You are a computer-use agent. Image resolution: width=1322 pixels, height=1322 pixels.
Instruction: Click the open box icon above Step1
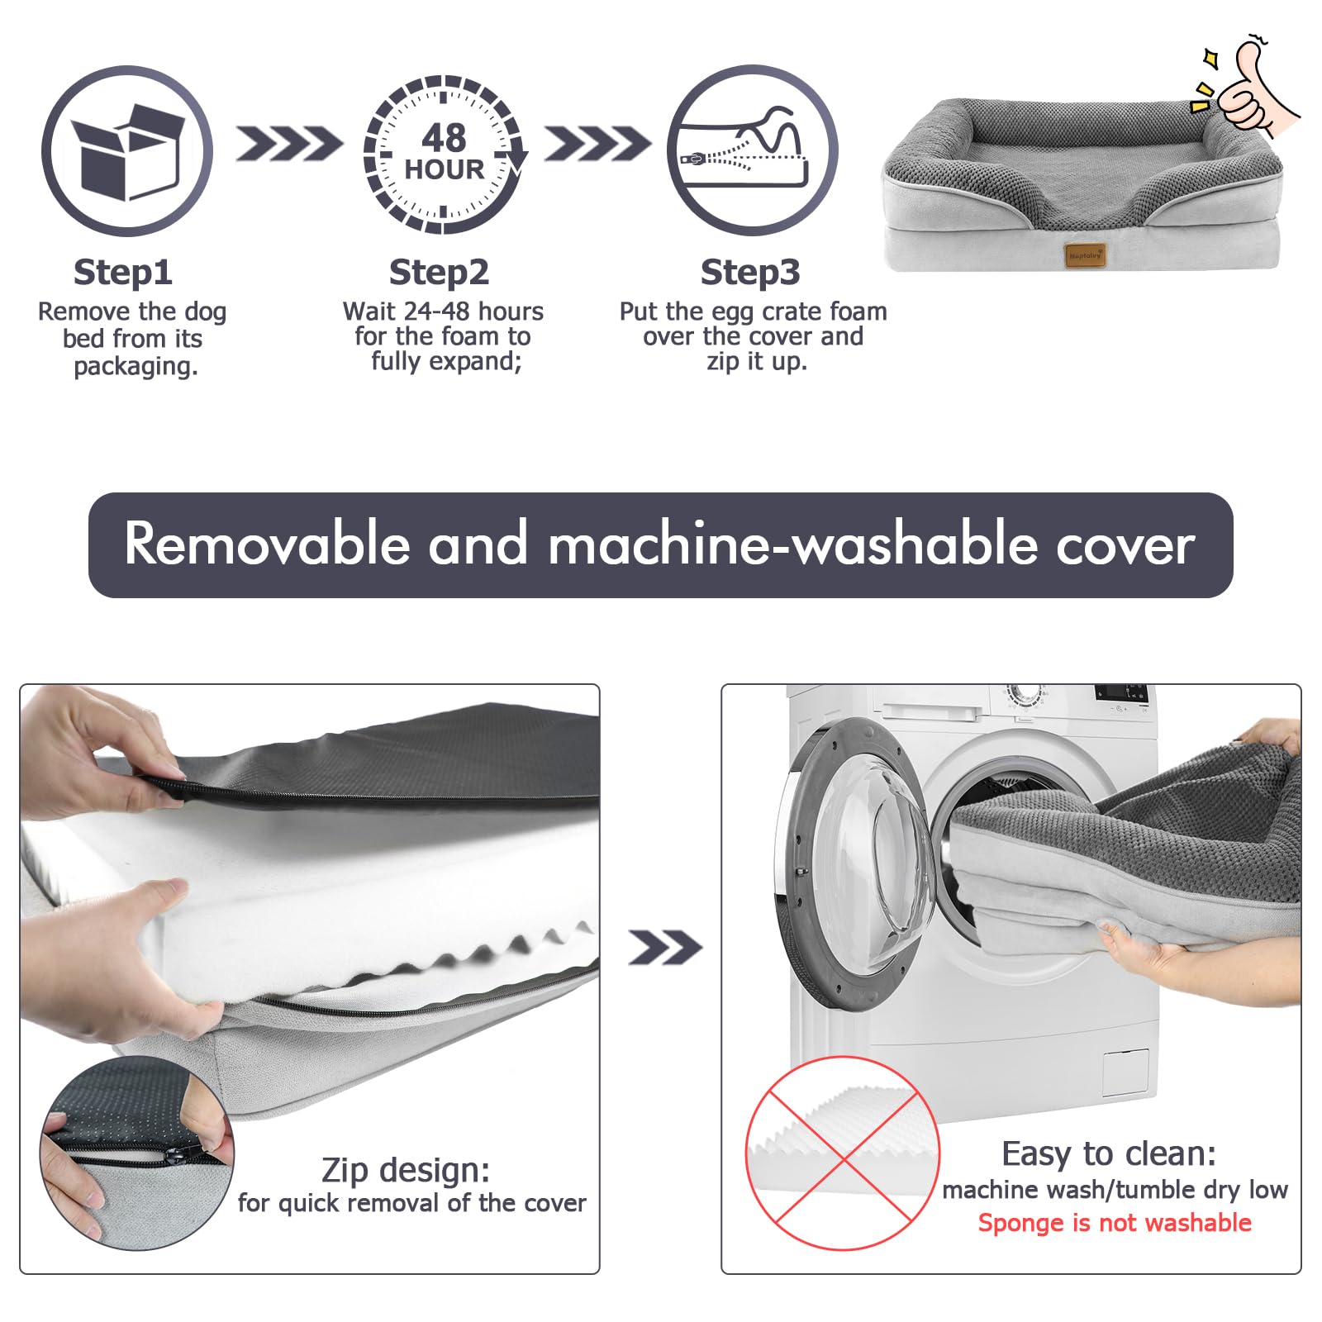click(127, 151)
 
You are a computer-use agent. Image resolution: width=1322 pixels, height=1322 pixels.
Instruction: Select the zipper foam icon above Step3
click(752, 150)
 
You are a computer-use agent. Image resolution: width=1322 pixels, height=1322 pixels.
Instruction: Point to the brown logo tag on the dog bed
click(1086, 255)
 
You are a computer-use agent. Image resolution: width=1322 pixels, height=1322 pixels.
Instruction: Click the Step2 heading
click(439, 273)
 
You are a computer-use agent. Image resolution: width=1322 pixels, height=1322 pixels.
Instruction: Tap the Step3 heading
click(750, 273)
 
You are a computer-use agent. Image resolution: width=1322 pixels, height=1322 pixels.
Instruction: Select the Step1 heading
click(123, 273)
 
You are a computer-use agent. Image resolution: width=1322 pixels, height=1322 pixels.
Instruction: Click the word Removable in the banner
click(267, 544)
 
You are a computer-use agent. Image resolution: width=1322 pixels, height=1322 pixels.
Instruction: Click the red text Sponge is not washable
click(1115, 1223)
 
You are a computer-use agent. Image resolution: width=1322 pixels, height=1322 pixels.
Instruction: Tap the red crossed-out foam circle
click(843, 1153)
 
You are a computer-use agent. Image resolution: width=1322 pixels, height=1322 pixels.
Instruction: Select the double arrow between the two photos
click(664, 948)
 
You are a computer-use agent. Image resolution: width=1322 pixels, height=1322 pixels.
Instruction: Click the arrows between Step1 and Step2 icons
click(289, 144)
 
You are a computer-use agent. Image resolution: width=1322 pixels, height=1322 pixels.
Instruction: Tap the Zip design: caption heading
click(406, 1171)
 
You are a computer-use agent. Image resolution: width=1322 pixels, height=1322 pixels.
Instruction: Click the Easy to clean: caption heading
click(1109, 1153)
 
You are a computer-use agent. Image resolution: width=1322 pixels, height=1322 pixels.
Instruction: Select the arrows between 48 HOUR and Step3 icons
click(597, 144)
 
